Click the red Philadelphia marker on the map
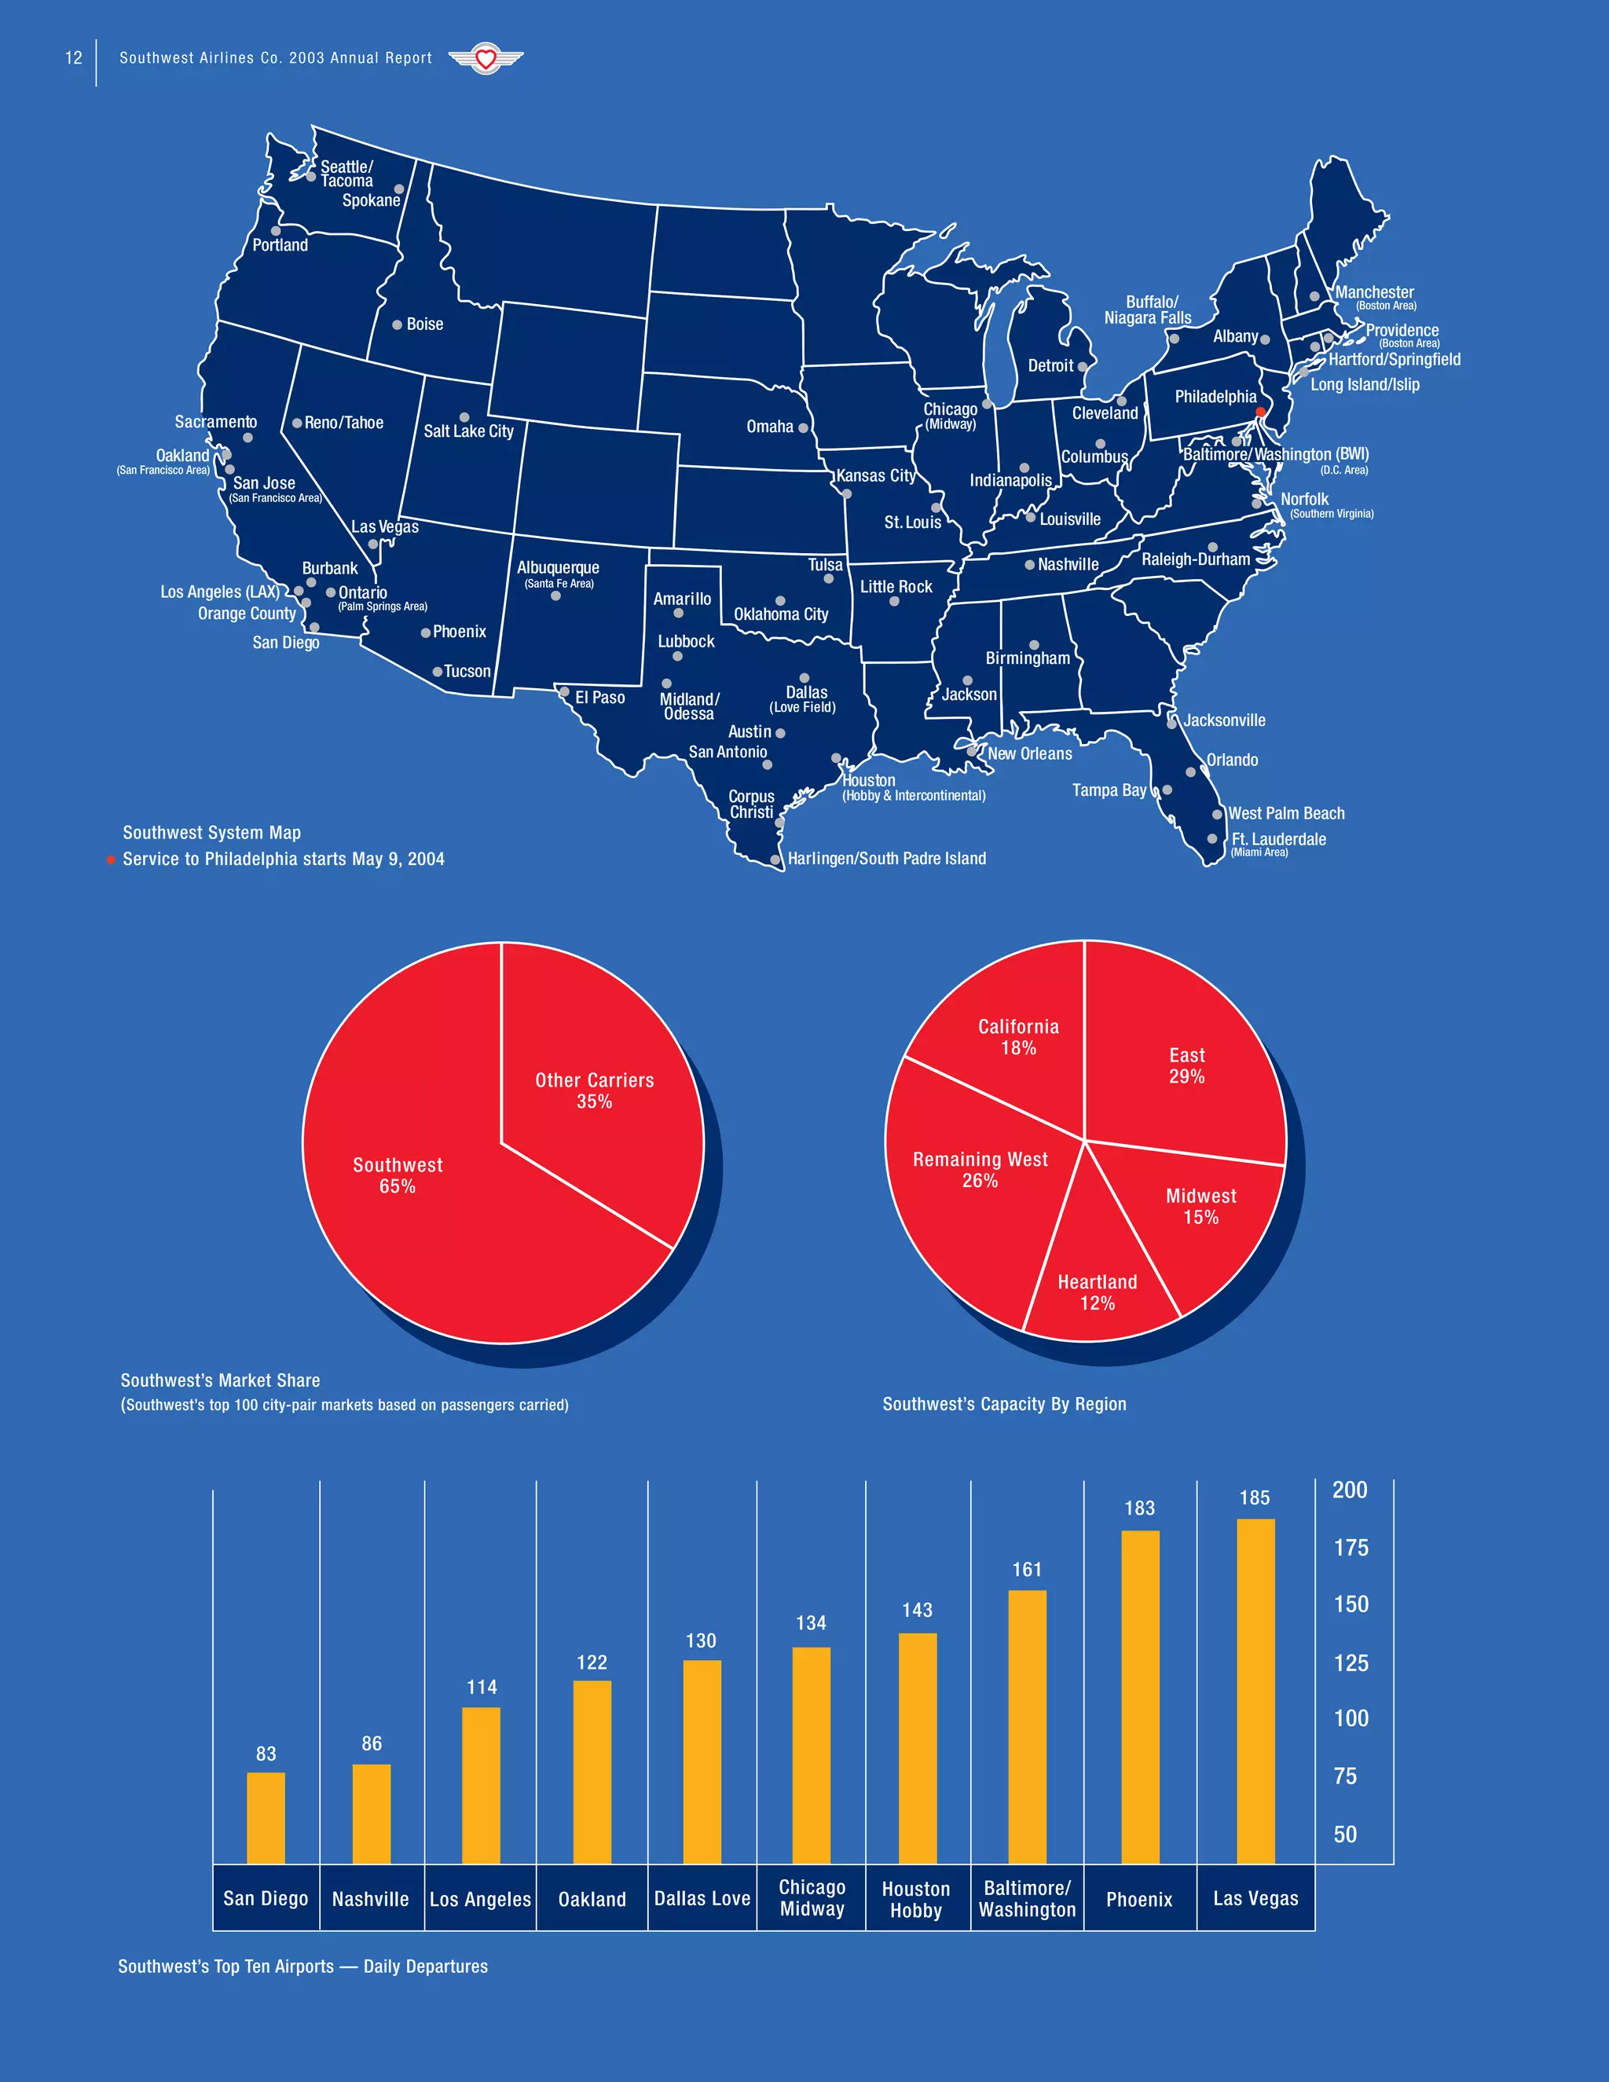[x=1259, y=412]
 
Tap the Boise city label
[x=424, y=324]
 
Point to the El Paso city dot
[x=564, y=692]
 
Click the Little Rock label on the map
[x=896, y=587]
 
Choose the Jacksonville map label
[x=1224, y=720]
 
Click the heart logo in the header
[x=486, y=59]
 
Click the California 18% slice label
[x=1018, y=1037]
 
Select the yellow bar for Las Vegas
[x=1255, y=1692]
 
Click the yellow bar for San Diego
[x=266, y=1818]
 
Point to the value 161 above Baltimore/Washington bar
[x=1027, y=1570]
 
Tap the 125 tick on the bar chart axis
[x=1351, y=1663]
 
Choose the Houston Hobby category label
[x=916, y=1900]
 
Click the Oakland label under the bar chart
[x=592, y=1900]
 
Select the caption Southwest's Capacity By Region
[x=1004, y=1404]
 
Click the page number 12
[x=73, y=58]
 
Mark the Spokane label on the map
[x=371, y=201]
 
